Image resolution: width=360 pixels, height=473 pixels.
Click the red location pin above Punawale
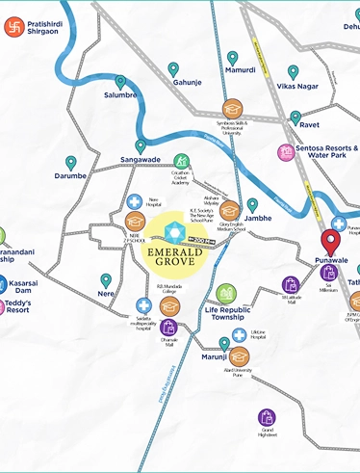point(329,244)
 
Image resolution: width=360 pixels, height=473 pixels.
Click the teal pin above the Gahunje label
point(173,69)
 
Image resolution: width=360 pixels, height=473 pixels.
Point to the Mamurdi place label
point(240,70)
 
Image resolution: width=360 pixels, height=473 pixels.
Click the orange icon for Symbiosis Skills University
point(231,109)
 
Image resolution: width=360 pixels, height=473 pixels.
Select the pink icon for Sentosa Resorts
point(286,152)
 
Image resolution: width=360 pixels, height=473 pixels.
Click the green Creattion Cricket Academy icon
point(181,160)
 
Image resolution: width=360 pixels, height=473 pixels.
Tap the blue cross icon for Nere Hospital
point(135,202)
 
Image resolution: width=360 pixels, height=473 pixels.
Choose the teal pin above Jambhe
point(252,205)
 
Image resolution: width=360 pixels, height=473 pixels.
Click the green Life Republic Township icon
point(225,293)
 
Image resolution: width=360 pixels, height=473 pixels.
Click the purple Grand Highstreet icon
point(267,417)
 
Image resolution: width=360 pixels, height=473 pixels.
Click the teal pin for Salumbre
point(120,83)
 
